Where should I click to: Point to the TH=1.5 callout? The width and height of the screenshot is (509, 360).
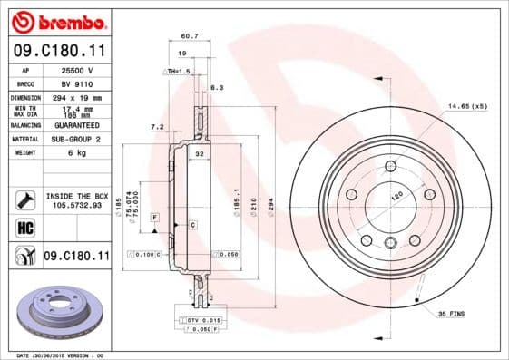pyautogui.click(x=179, y=71)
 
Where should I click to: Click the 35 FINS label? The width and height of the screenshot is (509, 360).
pyautogui.click(x=453, y=312)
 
